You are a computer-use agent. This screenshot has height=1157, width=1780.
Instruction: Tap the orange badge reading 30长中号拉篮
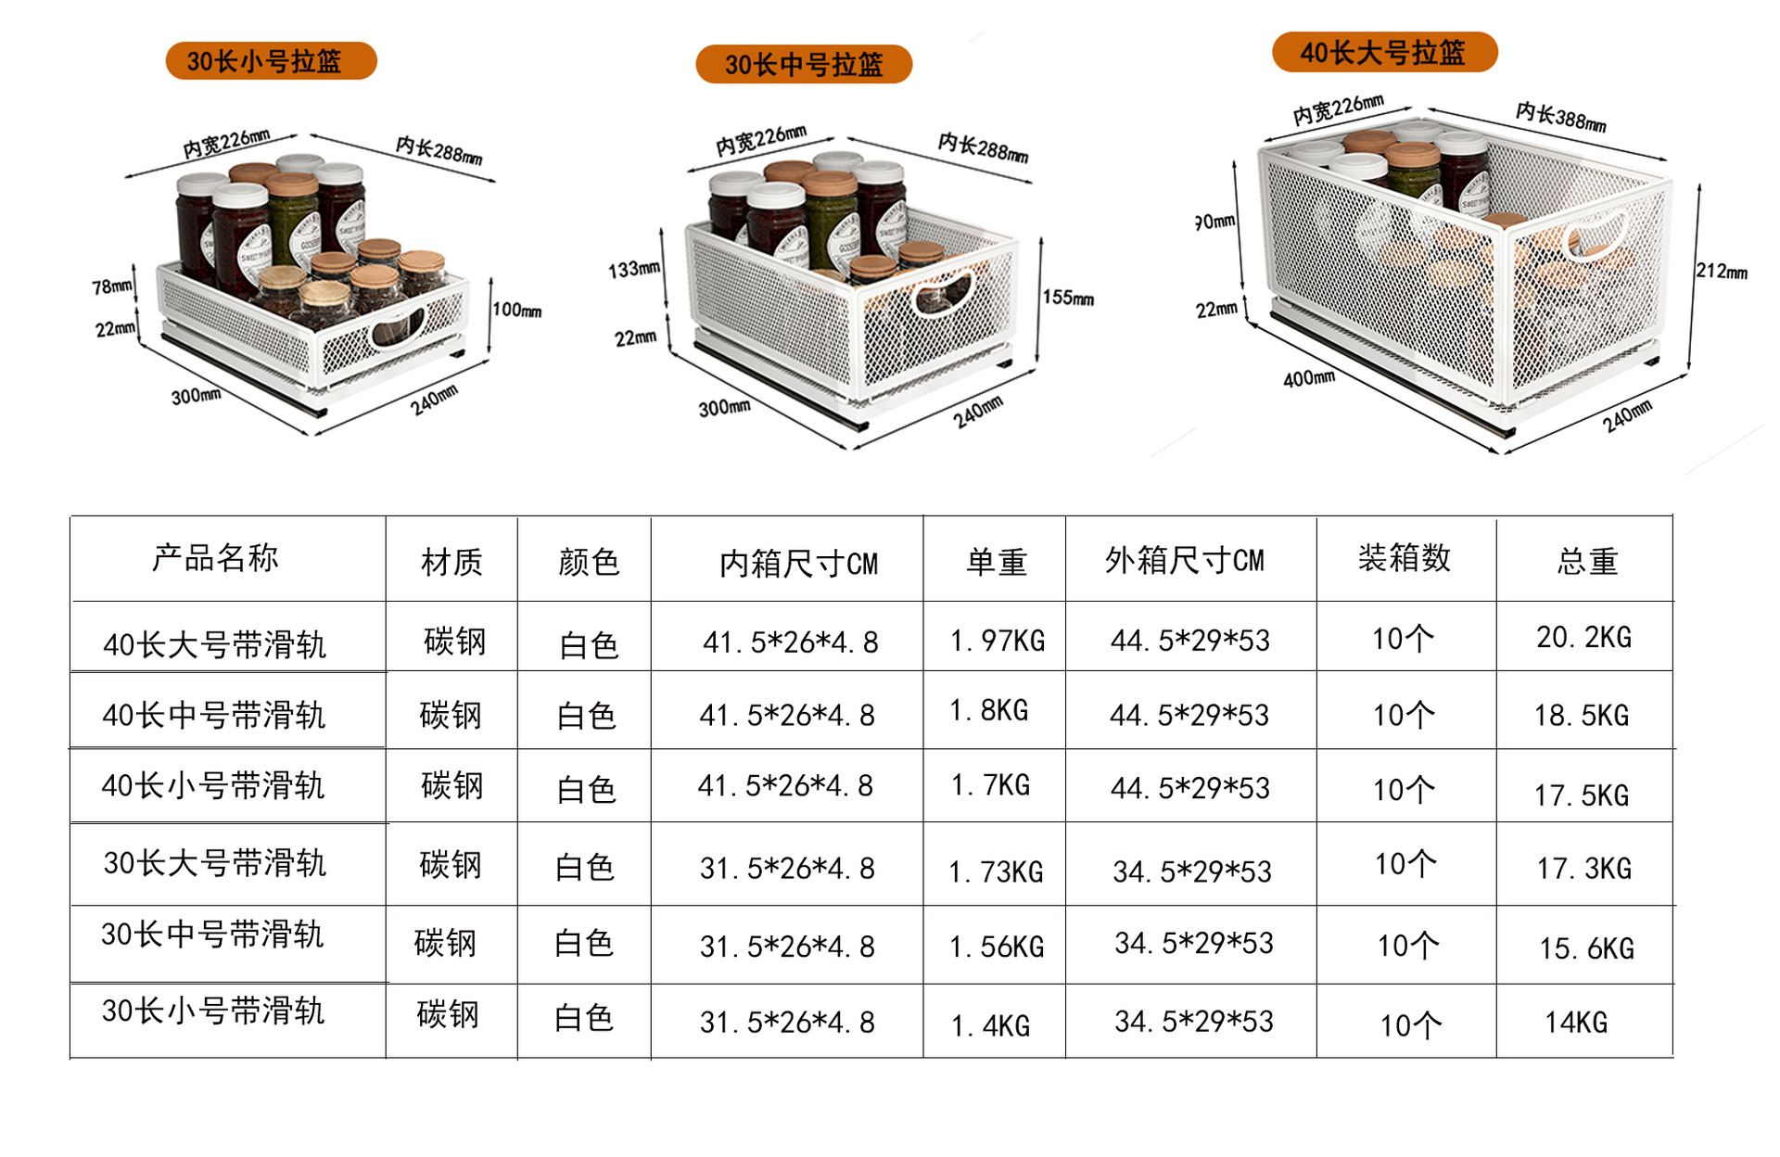point(804,65)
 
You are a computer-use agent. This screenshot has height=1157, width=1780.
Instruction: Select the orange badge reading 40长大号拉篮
point(1384,52)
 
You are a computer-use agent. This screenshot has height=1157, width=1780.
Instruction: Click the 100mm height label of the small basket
point(516,310)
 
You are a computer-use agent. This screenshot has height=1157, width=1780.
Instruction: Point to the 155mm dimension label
point(1068,298)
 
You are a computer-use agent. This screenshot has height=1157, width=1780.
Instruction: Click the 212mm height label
point(1722,271)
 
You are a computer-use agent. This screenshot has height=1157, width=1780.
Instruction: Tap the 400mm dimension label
point(1309,378)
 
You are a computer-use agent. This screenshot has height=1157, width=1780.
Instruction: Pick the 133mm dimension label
point(634,270)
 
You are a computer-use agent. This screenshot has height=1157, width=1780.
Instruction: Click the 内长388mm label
point(1561,117)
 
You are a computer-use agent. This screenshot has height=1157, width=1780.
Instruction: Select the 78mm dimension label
point(112,286)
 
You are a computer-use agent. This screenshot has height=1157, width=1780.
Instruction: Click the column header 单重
point(997,562)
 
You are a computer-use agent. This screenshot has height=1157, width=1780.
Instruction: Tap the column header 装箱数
point(1404,558)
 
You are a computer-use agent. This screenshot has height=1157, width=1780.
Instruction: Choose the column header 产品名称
point(215,558)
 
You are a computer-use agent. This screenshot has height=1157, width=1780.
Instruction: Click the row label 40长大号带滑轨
point(215,644)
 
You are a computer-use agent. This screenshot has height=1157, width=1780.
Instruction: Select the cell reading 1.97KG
point(998,641)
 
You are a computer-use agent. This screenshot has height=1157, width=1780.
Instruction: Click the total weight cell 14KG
point(1576,1023)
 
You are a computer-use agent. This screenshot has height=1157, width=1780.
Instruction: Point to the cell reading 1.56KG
point(997,947)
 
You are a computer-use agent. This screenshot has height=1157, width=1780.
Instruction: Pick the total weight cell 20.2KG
point(1583,638)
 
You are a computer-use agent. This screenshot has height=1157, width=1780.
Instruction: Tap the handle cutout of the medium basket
point(944,294)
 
